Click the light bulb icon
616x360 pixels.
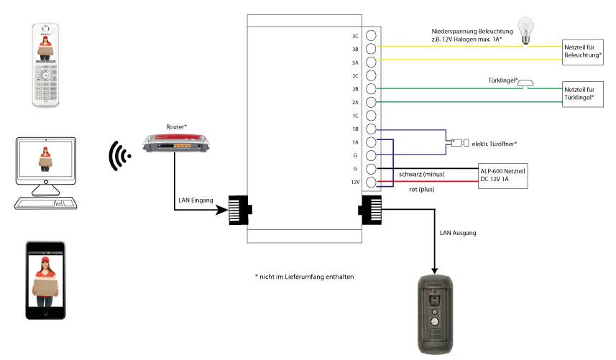coord(525,31)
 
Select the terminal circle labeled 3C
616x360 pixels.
coord(371,35)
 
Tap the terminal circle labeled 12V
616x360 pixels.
coord(371,183)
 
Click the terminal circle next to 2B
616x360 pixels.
coord(371,88)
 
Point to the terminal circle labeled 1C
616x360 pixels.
coord(371,116)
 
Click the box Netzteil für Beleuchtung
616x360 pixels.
coord(583,52)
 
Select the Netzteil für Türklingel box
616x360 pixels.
coord(583,94)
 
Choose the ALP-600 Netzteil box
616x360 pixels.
coord(503,175)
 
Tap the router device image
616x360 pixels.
coord(176,142)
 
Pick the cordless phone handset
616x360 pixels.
coord(45,65)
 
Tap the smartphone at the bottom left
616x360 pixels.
coord(45,280)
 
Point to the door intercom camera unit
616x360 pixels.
coord(435,315)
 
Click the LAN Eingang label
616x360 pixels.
coord(196,200)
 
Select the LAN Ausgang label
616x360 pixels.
coord(458,233)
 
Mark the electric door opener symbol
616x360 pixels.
coord(460,142)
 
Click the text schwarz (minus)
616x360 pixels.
coord(421,175)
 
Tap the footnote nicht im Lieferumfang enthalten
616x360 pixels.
coord(305,277)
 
